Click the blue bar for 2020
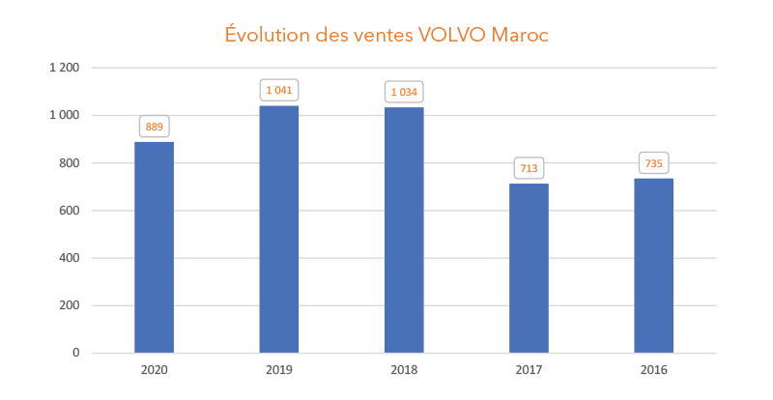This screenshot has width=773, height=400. pyautogui.click(x=155, y=247)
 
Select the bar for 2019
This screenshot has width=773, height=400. pyautogui.click(x=279, y=229)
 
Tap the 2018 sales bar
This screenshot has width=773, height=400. pyautogui.click(x=404, y=230)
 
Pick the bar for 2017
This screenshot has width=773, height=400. pyautogui.click(x=529, y=268)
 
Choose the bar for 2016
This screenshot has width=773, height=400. pyautogui.click(x=654, y=266)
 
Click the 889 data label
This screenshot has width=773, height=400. pyautogui.click(x=155, y=127)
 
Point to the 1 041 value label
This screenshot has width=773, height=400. pyautogui.click(x=279, y=90)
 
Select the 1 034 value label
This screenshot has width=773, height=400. pyautogui.click(x=404, y=92)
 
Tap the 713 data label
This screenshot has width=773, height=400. pyautogui.click(x=529, y=168)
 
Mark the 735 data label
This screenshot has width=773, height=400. pyautogui.click(x=654, y=163)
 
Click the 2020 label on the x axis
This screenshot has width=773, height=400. pyautogui.click(x=155, y=369)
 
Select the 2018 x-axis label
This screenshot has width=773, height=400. pyautogui.click(x=404, y=369)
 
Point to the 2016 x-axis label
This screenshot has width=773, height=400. pyautogui.click(x=654, y=369)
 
